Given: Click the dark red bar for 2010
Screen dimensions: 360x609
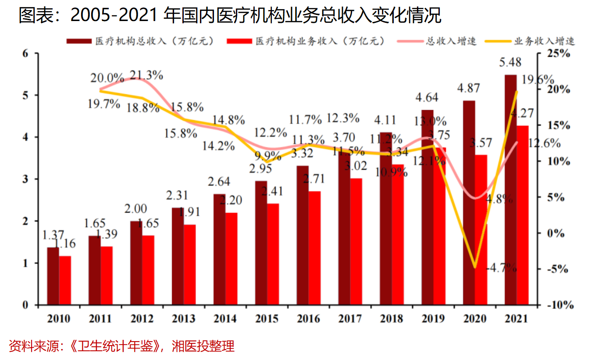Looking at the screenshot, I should point(53,276).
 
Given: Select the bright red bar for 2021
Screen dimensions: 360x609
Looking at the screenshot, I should point(523,215).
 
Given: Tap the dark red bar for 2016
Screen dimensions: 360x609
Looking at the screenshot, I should point(303,235).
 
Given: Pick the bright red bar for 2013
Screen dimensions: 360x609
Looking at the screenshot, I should point(190,265).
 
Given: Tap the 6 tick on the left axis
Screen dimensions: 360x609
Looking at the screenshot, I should point(25,53).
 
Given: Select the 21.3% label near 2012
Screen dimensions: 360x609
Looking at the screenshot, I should point(146,75).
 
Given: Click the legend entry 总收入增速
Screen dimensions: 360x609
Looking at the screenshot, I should point(451,42).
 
